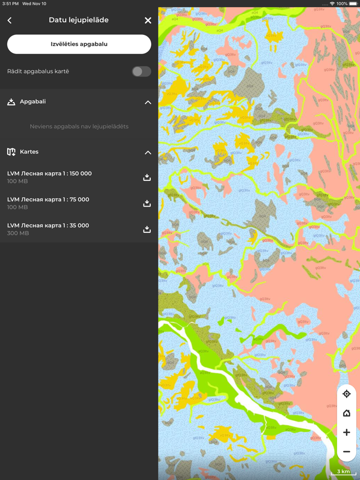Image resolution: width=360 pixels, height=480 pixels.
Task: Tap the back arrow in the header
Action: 10,21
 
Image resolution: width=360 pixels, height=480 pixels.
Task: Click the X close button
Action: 148,21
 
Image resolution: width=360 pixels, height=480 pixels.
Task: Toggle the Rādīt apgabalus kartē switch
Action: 141,71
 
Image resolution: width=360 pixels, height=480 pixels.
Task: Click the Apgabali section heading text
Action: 33,102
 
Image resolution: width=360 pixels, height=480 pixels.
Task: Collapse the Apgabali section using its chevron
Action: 148,102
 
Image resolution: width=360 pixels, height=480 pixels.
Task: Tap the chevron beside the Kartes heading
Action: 148,153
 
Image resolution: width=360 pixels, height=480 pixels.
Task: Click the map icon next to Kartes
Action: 11,152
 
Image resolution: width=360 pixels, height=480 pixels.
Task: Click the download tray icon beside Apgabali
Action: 11,102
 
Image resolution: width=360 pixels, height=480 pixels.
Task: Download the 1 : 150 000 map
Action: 147,177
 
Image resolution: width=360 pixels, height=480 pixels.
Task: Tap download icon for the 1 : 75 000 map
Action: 147,204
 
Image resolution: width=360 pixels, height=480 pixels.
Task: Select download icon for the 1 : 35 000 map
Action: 147,229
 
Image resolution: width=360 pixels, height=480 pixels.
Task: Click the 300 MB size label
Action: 18,233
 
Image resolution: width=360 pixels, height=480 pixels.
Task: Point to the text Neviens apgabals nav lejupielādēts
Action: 79,126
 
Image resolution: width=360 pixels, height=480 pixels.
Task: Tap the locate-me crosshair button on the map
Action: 347,394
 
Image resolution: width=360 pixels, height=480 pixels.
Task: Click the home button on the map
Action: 347,413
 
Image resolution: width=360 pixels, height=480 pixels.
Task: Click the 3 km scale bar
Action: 344,472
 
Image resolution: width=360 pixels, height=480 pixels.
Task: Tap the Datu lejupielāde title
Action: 79,20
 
